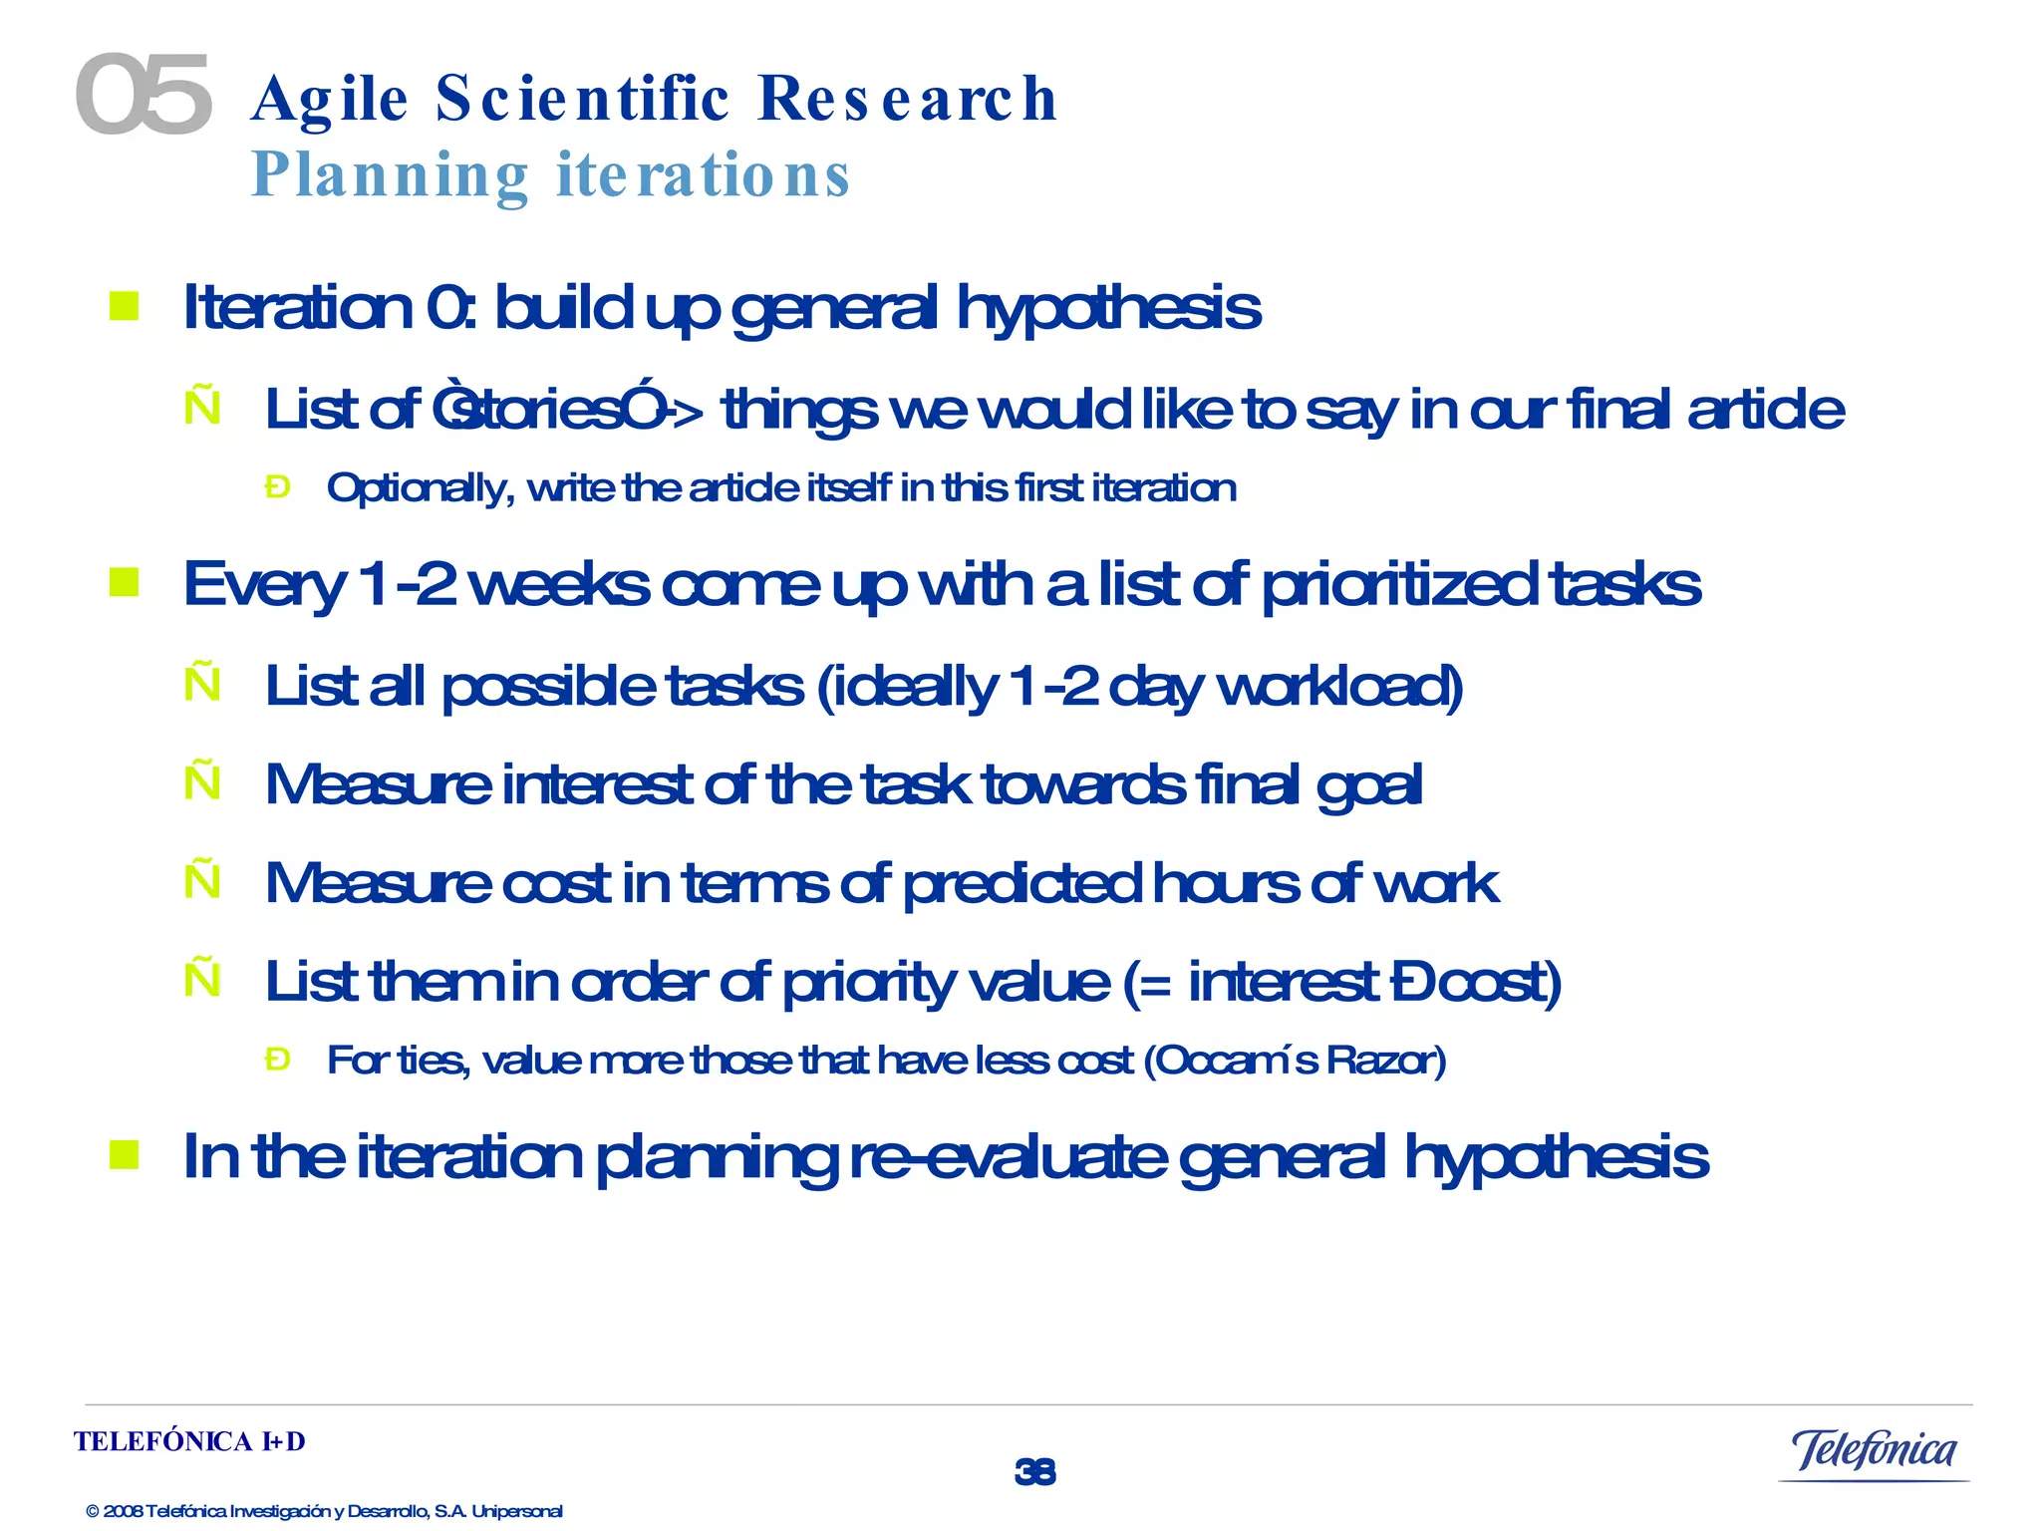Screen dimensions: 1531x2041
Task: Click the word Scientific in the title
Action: (x=583, y=99)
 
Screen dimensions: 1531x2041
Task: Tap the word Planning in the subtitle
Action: (x=390, y=175)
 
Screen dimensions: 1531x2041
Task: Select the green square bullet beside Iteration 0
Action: (x=125, y=306)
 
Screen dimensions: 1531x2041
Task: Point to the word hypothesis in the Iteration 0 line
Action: (x=1108, y=308)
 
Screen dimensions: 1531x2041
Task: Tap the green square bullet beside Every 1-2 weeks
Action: (x=125, y=582)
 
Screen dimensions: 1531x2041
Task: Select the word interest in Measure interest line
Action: (x=596, y=784)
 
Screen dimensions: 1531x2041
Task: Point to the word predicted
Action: (x=1021, y=883)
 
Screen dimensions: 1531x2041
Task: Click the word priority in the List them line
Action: (x=868, y=983)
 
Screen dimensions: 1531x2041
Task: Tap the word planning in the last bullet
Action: (x=717, y=1158)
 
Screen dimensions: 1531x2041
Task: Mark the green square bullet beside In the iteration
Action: (x=125, y=1155)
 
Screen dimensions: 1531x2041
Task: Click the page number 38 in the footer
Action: (x=1034, y=1471)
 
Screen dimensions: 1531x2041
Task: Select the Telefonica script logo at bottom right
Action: (x=1874, y=1451)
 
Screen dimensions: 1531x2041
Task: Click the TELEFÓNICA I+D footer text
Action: (x=189, y=1441)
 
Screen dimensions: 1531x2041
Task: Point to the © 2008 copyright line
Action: (x=324, y=1511)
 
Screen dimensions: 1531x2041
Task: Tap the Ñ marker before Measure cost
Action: (x=202, y=880)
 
